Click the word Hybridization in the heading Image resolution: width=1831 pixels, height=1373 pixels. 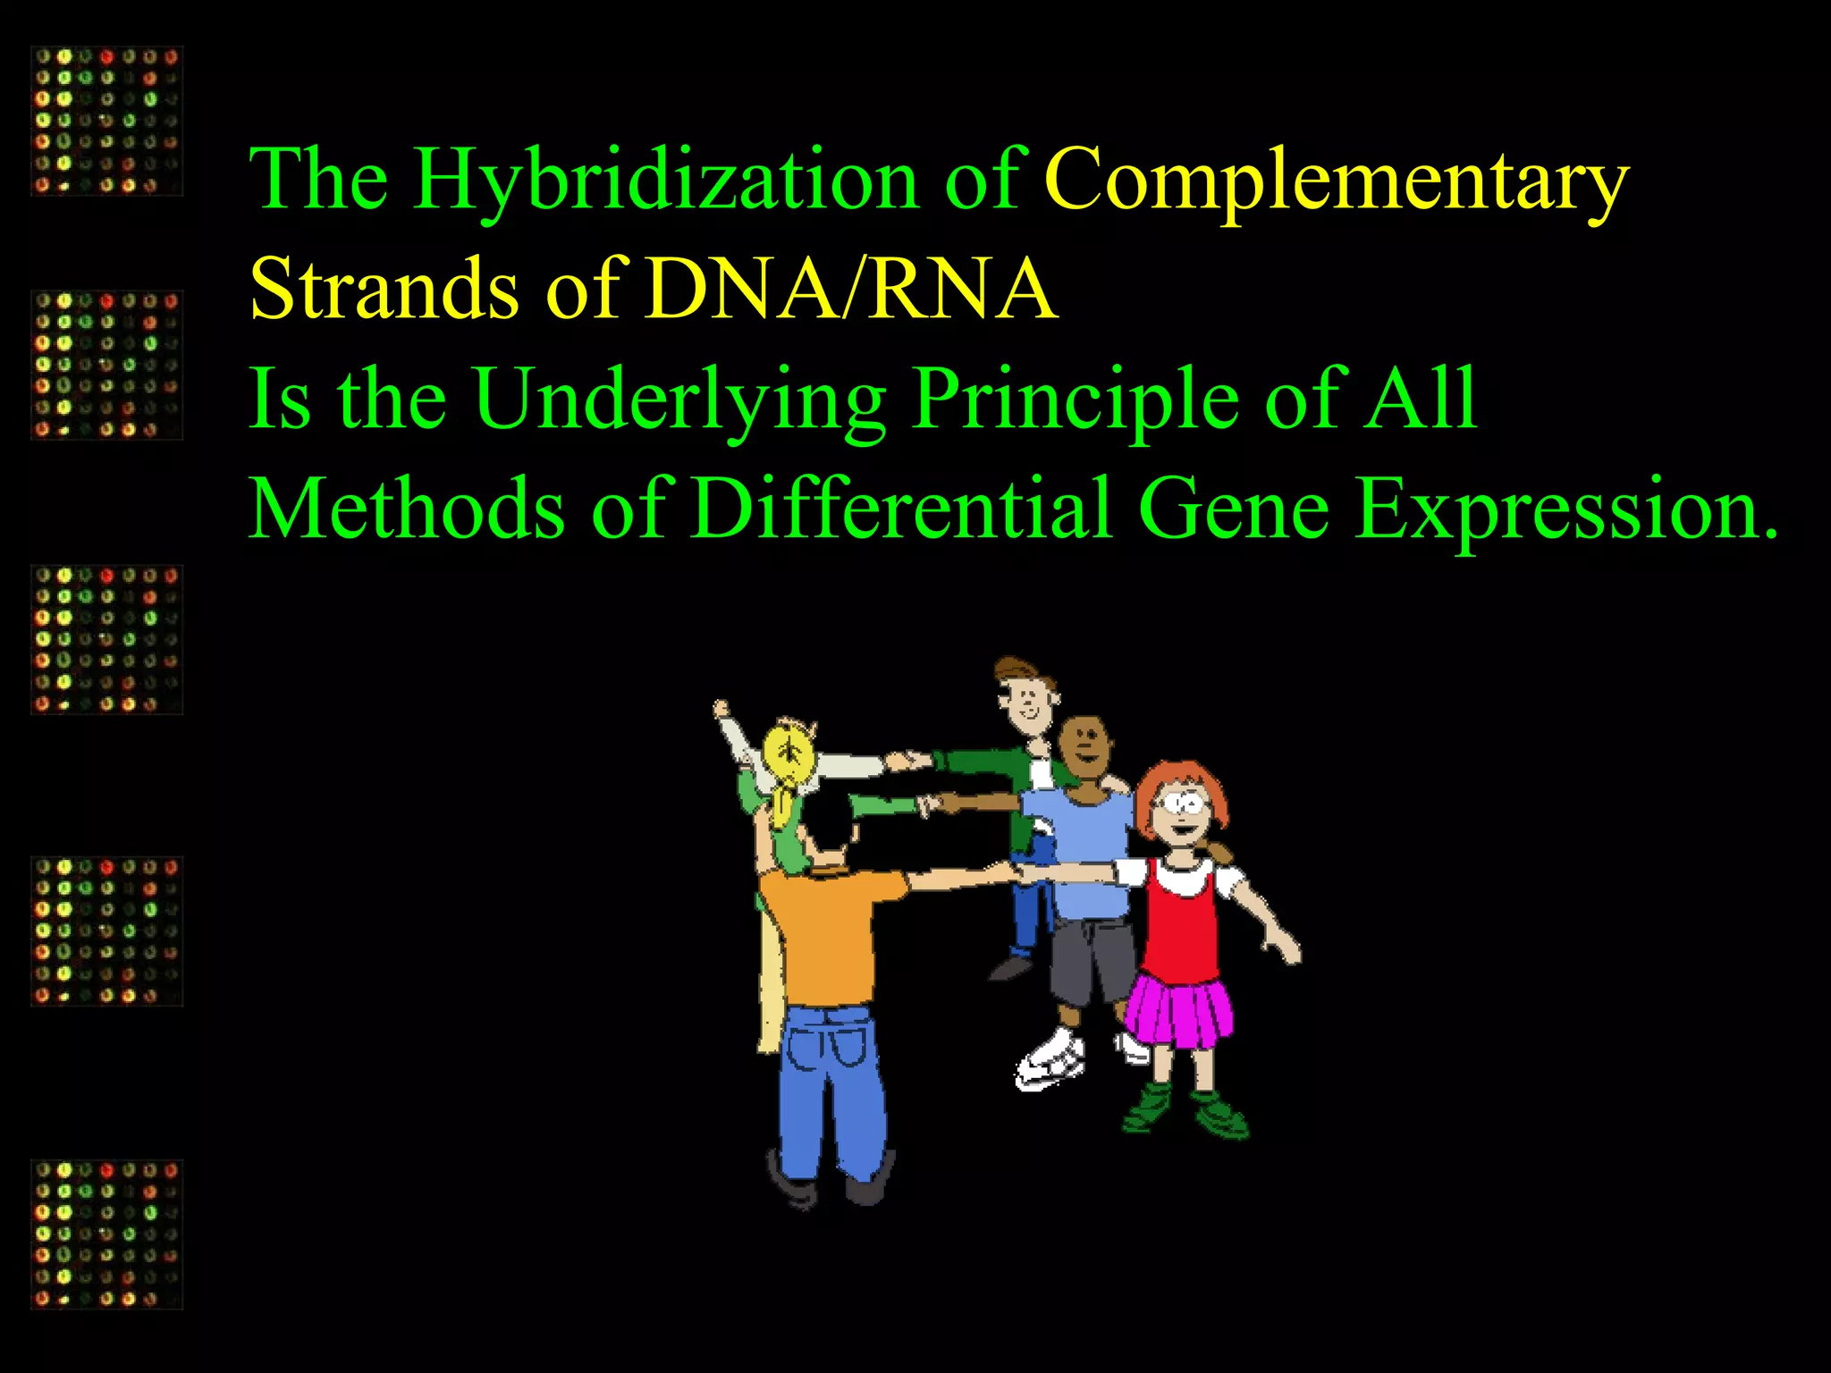(666, 181)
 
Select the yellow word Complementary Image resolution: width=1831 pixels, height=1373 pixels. (1337, 181)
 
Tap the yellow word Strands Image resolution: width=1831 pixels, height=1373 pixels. (384, 289)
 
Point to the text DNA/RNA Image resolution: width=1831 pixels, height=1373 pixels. (851, 289)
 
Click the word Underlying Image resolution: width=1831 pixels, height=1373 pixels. (679, 400)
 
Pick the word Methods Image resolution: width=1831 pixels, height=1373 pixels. (407, 510)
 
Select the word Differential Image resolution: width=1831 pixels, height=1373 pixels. (903, 510)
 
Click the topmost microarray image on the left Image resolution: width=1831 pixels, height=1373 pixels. (107, 122)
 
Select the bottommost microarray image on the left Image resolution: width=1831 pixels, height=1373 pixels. (107, 1234)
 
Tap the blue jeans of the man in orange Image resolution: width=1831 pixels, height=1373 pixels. (831, 1091)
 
